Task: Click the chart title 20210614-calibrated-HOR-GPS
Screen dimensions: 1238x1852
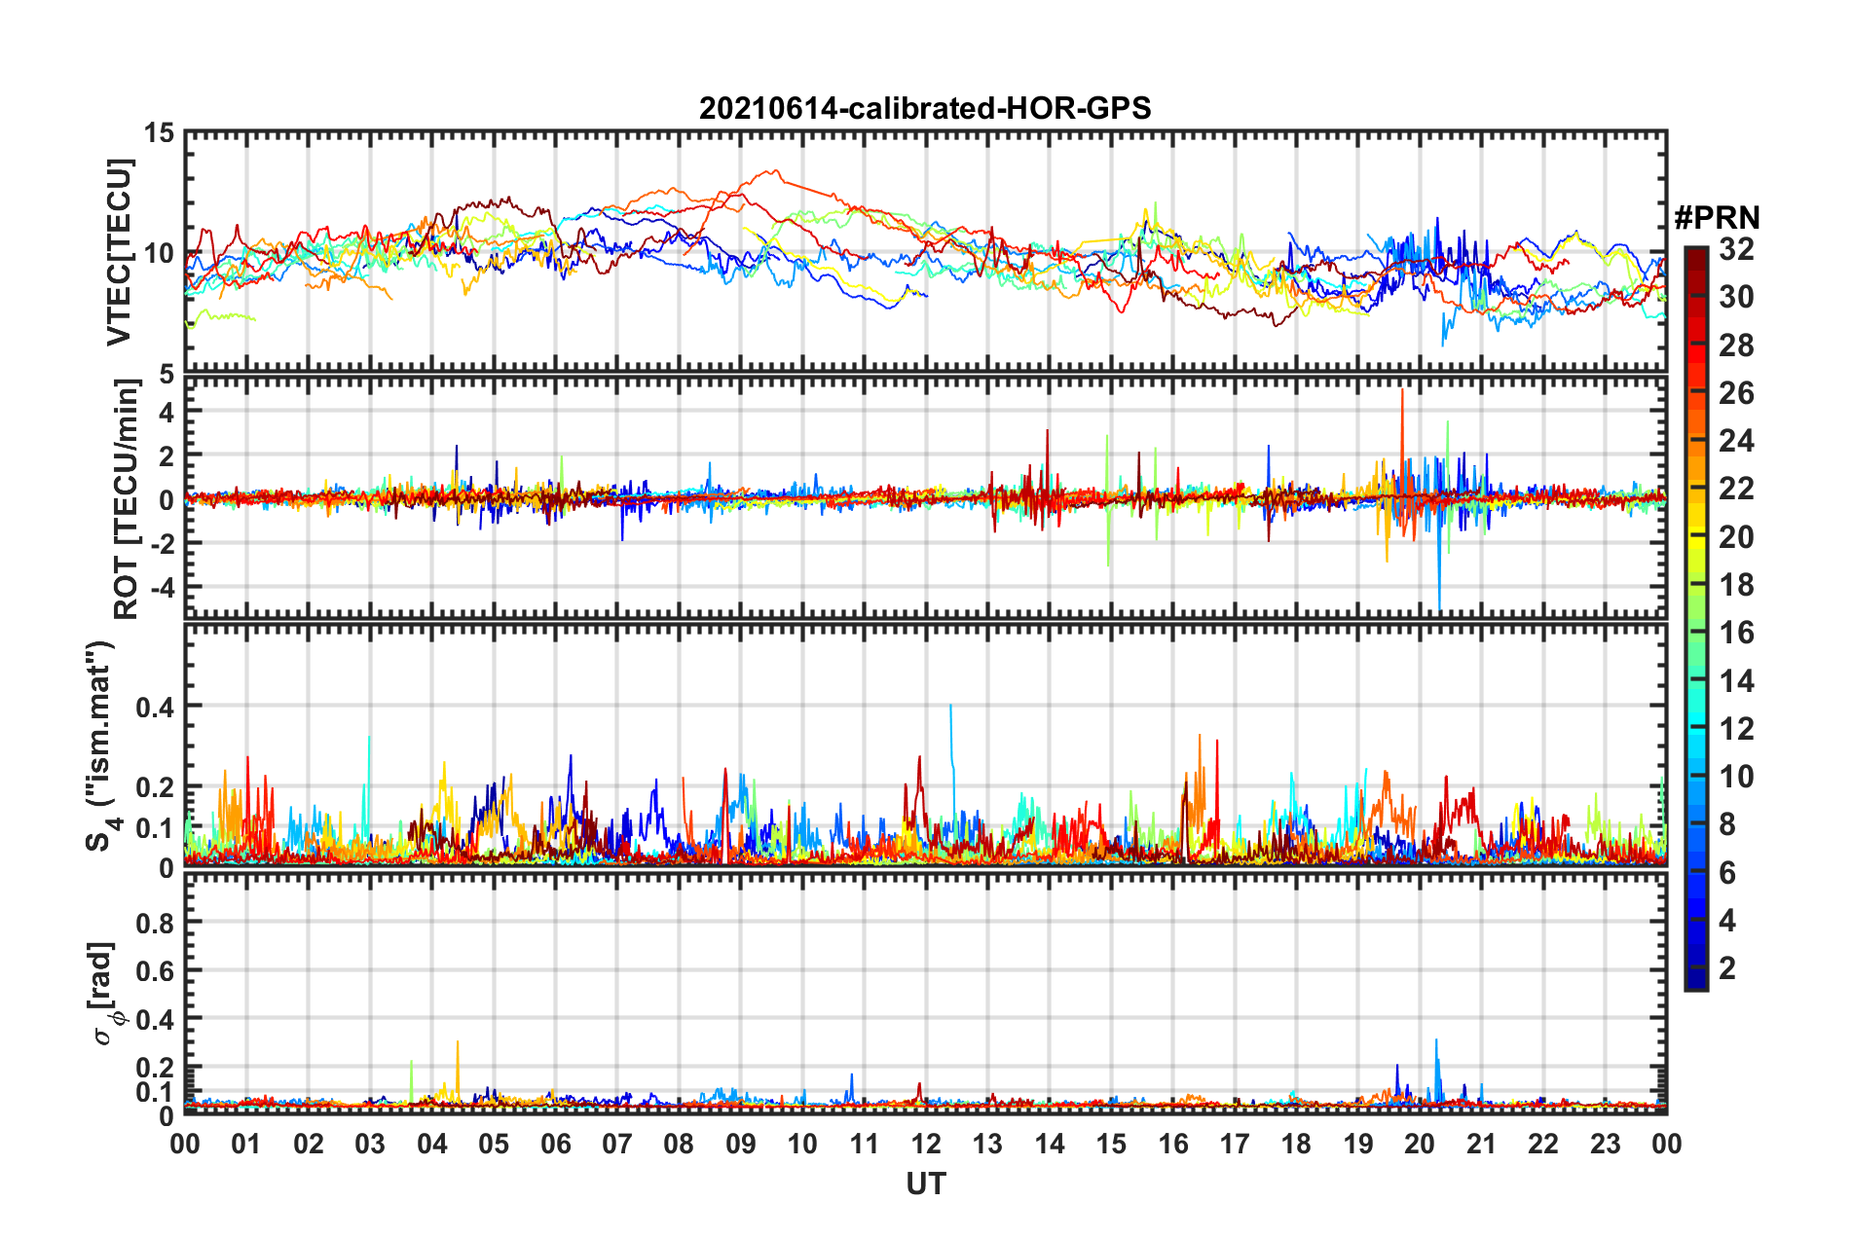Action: pos(925,108)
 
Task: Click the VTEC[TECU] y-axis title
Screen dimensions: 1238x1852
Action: pos(119,252)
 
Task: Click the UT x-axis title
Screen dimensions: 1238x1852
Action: pos(925,1183)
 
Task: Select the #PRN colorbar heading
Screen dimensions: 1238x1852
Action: pos(1717,217)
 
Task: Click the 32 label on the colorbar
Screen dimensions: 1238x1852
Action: pos(1736,249)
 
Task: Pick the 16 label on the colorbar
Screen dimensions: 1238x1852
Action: pos(1736,633)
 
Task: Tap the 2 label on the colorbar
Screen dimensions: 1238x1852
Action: pos(1727,967)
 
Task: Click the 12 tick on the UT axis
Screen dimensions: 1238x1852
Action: pos(926,1144)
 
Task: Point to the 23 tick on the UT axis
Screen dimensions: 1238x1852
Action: pos(1605,1144)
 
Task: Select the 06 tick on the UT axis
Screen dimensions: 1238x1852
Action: pos(556,1144)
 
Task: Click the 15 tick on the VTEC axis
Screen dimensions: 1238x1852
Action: pos(159,133)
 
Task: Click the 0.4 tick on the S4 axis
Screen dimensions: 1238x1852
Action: pos(155,707)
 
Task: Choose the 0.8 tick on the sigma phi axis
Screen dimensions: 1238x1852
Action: pos(155,923)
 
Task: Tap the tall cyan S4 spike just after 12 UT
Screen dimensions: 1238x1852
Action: pos(950,707)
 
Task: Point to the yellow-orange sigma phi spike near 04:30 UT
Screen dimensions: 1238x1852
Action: pos(458,1043)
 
